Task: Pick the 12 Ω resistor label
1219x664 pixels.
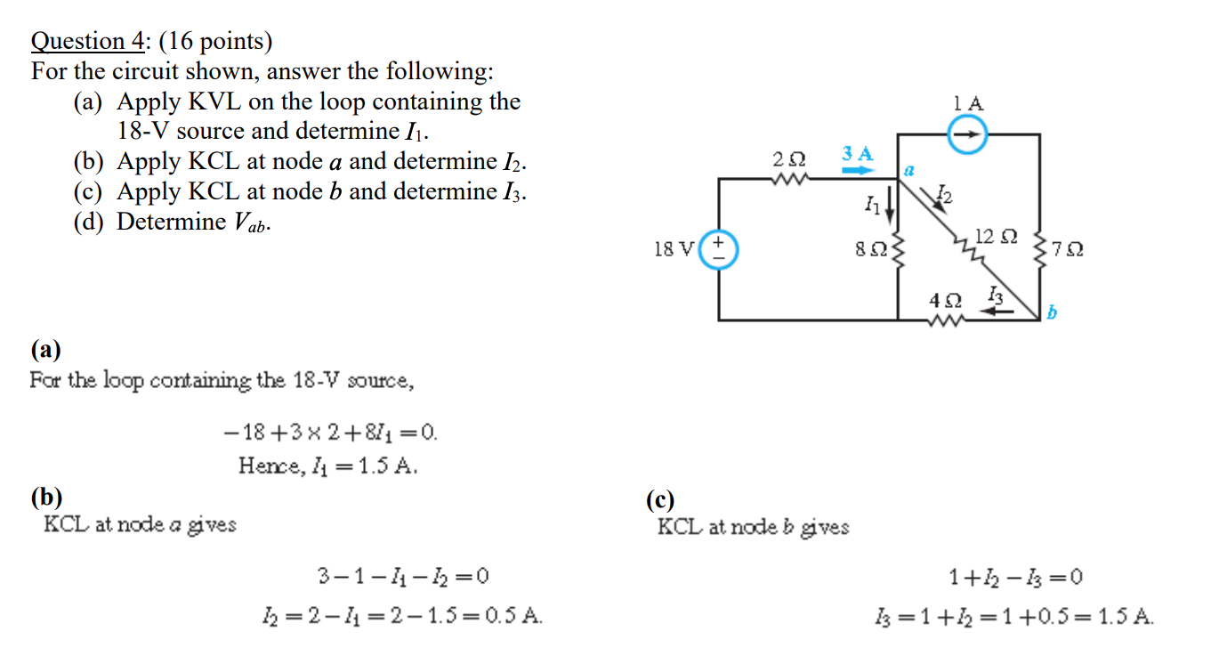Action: tap(996, 237)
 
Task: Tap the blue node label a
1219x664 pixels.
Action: tap(909, 167)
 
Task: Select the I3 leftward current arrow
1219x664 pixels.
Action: tap(990, 309)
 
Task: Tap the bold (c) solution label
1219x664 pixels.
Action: tap(661, 499)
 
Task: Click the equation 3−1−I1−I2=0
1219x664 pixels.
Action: tap(403, 578)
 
